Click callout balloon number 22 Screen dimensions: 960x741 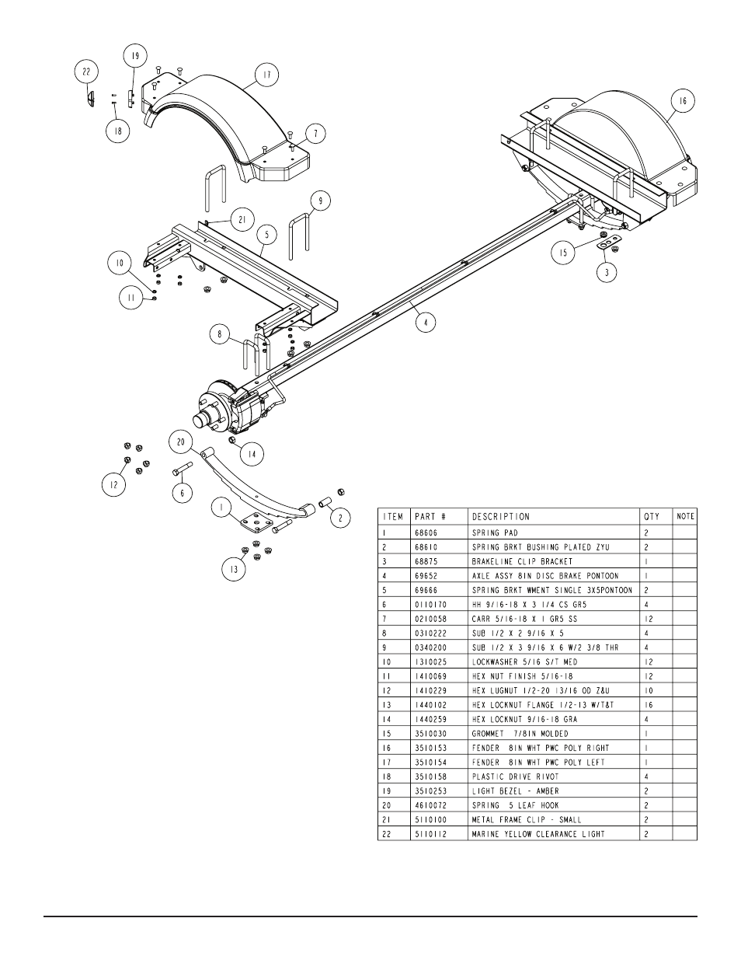(87, 72)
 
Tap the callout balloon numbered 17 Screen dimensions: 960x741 (266, 75)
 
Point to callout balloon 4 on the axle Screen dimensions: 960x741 (424, 320)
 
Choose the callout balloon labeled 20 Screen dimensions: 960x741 (182, 442)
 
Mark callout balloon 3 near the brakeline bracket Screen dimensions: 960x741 (606, 273)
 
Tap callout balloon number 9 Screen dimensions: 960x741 (318, 201)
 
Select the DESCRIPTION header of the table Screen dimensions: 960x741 (501, 516)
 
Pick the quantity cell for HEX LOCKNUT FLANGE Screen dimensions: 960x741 (646, 704)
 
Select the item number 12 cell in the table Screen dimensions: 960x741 (385, 690)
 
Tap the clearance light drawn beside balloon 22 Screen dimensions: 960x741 (90, 99)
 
